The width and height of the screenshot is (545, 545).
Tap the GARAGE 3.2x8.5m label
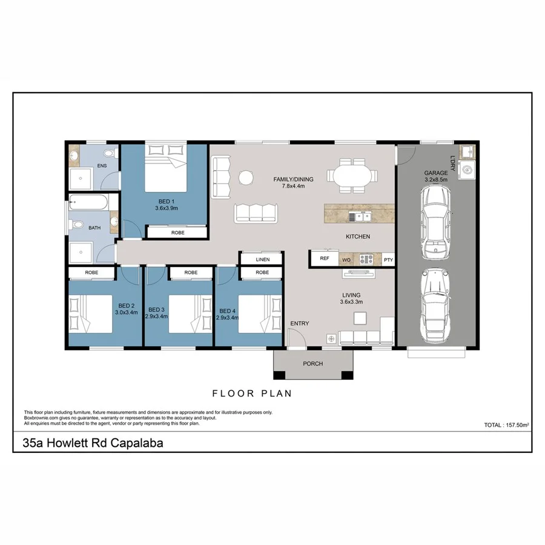click(x=436, y=176)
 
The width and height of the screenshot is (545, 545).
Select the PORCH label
click(x=313, y=364)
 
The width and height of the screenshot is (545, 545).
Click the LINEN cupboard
click(x=262, y=259)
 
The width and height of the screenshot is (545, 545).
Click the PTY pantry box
click(x=388, y=260)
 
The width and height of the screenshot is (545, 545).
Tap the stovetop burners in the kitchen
click(x=366, y=259)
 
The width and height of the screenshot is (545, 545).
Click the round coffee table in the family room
click(x=246, y=177)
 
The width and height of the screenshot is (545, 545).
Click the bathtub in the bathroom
click(x=89, y=203)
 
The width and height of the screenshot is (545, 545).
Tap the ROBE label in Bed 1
click(x=177, y=232)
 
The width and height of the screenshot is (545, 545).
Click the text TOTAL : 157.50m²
click(x=507, y=425)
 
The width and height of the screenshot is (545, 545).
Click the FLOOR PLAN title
click(x=252, y=393)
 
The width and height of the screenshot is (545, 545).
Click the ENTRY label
click(x=299, y=323)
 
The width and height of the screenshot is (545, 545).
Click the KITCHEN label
click(x=357, y=236)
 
